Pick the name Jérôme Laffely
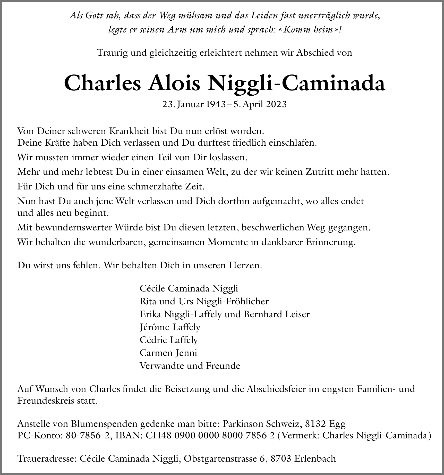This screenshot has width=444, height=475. click(170, 327)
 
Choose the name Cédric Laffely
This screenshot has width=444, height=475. click(169, 340)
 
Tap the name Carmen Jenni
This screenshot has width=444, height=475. click(168, 353)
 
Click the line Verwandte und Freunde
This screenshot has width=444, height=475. click(190, 366)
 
